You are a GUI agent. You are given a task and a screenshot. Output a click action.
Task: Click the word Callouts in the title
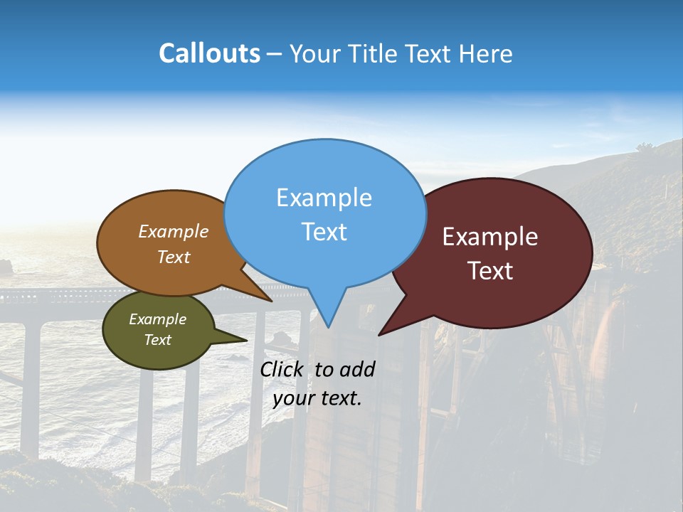click(209, 54)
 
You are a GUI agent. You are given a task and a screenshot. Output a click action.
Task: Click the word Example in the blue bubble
click(324, 198)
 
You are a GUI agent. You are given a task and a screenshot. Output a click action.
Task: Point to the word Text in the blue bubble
click(324, 232)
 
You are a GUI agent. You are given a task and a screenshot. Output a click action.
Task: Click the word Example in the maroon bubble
click(490, 237)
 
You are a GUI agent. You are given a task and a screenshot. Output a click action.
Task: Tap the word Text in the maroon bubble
click(490, 271)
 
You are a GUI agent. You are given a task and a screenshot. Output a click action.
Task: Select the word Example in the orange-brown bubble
click(174, 232)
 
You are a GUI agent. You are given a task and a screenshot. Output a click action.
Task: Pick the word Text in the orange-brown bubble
click(174, 257)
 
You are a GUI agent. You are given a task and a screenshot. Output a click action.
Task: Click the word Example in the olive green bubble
click(157, 319)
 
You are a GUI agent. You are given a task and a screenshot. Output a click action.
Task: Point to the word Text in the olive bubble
click(157, 340)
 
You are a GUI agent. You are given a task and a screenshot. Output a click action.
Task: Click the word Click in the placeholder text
click(283, 369)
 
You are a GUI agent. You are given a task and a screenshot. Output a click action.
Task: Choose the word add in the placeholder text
click(357, 369)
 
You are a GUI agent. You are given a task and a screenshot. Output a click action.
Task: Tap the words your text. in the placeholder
click(317, 398)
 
